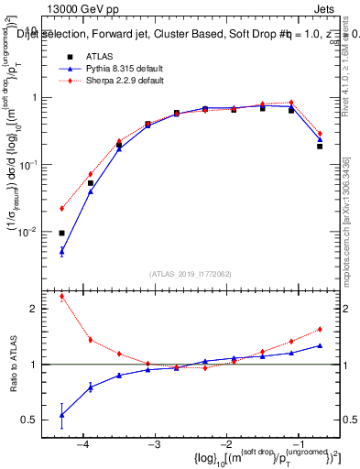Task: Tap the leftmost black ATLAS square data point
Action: [x=61, y=233]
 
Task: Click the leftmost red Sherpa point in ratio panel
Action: [x=61, y=296]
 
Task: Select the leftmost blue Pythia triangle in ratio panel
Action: [x=61, y=415]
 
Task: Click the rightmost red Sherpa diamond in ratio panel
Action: [x=320, y=329]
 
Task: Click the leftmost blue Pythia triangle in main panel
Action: [x=61, y=251]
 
